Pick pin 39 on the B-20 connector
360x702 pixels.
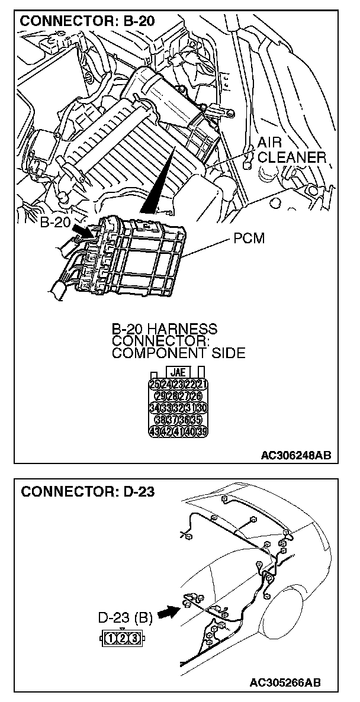[x=201, y=431]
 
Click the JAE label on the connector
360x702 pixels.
[x=178, y=373]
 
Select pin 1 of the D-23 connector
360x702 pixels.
[x=112, y=637]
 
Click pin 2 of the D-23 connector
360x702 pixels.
[x=123, y=637]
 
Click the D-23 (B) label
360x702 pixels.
[x=125, y=619]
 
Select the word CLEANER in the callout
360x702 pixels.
[x=292, y=157]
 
